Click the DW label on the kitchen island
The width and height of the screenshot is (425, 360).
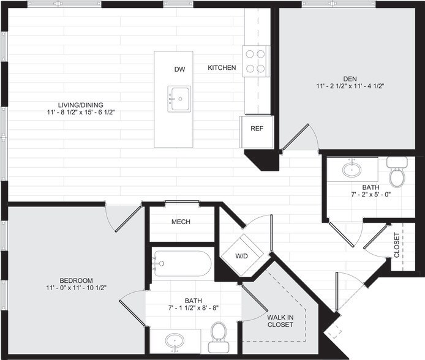coord(179,69)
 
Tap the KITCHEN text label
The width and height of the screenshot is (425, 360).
coord(222,68)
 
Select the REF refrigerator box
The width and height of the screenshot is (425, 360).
coord(257,129)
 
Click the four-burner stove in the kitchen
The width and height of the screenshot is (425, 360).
coord(257,61)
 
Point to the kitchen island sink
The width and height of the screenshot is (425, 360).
coord(180,99)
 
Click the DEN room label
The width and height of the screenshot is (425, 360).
coord(350,78)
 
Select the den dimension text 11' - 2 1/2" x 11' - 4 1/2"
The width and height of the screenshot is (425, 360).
coord(350,86)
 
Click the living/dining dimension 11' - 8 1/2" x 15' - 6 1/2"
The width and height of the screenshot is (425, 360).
coord(80,112)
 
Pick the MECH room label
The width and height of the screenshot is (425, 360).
coord(181,222)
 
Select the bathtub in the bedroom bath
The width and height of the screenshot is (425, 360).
coord(182,264)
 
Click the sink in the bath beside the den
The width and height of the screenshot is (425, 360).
coord(351,168)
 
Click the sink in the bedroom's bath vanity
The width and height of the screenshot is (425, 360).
coord(175,340)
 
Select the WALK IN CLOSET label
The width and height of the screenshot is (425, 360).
coord(280,320)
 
